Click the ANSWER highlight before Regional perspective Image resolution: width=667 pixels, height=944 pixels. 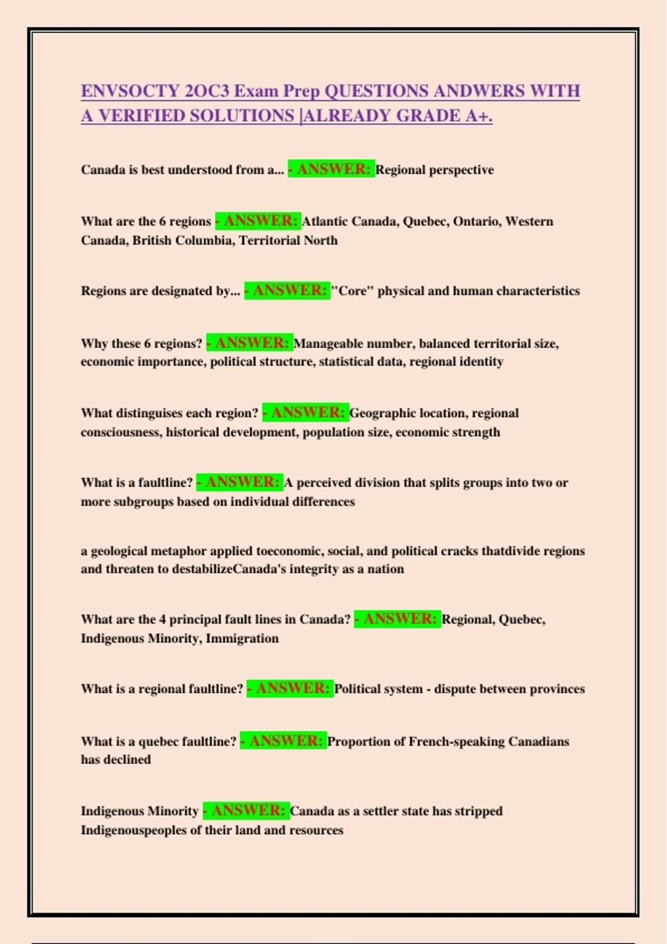pyautogui.click(x=331, y=169)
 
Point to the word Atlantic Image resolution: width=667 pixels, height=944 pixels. pyautogui.click(x=325, y=222)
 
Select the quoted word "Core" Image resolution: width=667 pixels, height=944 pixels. pyautogui.click(x=352, y=291)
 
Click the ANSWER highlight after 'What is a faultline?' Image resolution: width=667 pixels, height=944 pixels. pyautogui.click(x=240, y=482)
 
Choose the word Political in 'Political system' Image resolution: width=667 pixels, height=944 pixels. pyautogui.click(x=361, y=689)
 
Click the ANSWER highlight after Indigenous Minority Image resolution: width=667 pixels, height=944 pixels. pyautogui.click(x=246, y=811)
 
